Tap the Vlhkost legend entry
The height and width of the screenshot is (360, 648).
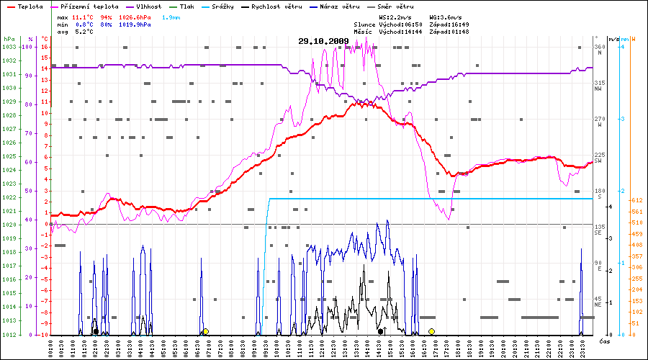point(148,6)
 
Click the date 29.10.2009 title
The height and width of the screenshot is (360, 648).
point(323,41)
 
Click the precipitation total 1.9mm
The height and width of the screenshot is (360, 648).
point(171,17)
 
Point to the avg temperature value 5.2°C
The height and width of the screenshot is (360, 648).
point(84,32)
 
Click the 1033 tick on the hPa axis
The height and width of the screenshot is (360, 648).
point(9,47)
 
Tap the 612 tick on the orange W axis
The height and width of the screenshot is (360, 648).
point(636,200)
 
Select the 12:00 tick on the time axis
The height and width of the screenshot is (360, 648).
point(321,347)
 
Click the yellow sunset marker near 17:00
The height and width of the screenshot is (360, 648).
point(431,331)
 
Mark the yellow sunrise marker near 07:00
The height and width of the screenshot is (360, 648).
point(205,331)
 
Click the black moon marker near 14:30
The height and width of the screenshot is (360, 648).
point(380,331)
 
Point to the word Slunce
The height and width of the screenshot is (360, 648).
point(365,24)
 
